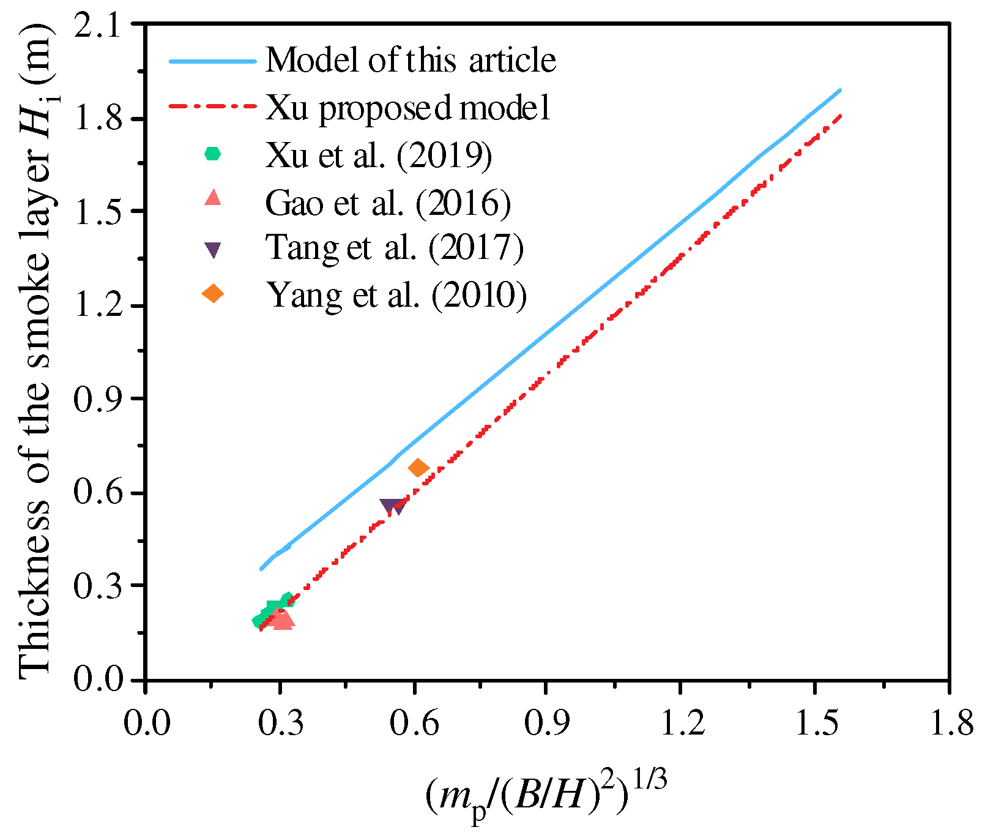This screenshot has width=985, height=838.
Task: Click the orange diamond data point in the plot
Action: tap(418, 468)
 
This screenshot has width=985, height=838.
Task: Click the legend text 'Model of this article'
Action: tap(411, 60)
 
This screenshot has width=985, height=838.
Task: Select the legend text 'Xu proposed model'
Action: tap(408, 108)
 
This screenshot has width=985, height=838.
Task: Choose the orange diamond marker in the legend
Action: tap(212, 294)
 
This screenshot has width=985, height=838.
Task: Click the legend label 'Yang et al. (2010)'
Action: tap(396, 295)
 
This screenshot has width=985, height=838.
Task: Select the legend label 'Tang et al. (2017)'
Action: tap(395, 248)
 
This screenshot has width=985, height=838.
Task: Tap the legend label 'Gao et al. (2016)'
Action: tap(388, 202)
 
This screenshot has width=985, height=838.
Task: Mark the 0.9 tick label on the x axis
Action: tap(544, 723)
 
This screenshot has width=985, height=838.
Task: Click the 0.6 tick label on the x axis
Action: tap(413, 723)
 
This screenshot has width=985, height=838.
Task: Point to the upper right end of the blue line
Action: tap(841, 91)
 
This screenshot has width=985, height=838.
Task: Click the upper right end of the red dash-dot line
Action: tap(841, 116)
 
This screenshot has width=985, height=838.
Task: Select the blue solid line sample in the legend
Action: tap(212, 61)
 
